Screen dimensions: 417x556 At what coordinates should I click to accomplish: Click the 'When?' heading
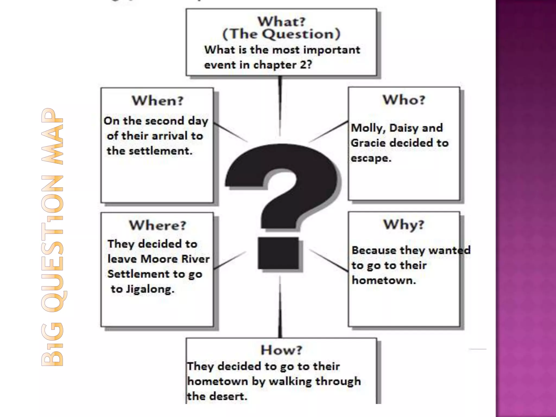[x=158, y=101]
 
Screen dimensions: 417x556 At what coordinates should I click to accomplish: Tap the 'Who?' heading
[x=404, y=100]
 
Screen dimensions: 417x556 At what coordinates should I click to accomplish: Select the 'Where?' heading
[x=157, y=225]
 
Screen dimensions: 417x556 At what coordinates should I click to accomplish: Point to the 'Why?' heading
[x=404, y=225]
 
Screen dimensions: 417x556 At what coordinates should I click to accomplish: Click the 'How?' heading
[x=281, y=350]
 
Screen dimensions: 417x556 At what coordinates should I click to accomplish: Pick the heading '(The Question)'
[x=281, y=34]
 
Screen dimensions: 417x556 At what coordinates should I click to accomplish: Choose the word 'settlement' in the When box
[x=160, y=151]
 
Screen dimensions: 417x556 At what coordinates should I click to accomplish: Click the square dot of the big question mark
[x=278, y=253]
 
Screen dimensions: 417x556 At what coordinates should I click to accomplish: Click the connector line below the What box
[x=280, y=106]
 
